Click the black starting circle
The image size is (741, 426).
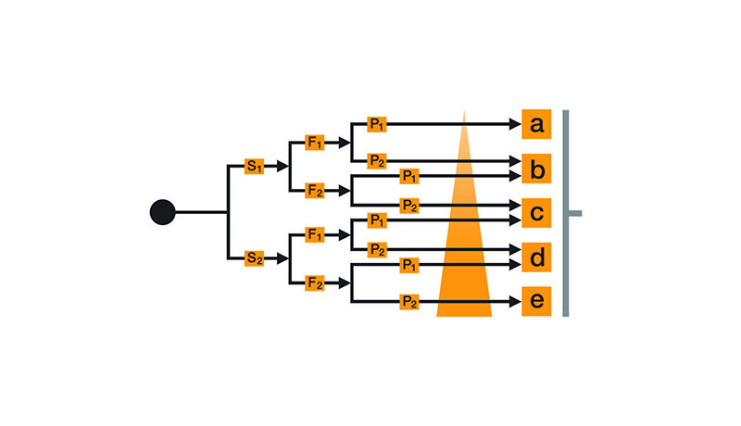pyautogui.click(x=162, y=212)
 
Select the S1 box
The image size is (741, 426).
pyautogui.click(x=255, y=167)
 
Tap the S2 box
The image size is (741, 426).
pyautogui.click(x=255, y=258)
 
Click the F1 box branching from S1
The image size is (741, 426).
pyautogui.click(x=316, y=144)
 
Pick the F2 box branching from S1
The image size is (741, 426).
pyautogui.click(x=316, y=191)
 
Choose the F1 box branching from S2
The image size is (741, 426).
pyautogui.click(x=316, y=235)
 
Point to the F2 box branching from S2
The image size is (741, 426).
pyautogui.click(x=316, y=282)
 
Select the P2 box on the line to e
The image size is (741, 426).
pyautogui.click(x=408, y=302)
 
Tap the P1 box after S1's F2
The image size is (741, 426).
pyautogui.click(x=408, y=175)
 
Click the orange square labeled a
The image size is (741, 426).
pyautogui.click(x=536, y=123)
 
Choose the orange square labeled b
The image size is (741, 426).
pyautogui.click(x=536, y=169)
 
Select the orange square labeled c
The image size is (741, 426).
pyautogui.click(x=536, y=213)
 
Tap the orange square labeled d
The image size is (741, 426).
pyautogui.click(x=536, y=257)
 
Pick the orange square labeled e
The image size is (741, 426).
pyautogui.click(x=536, y=302)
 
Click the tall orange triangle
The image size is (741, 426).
pyautogui.click(x=464, y=250)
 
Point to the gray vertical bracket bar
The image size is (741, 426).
pyautogui.click(x=566, y=213)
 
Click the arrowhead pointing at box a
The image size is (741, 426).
pyautogui.click(x=514, y=123)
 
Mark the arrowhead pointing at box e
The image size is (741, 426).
pyautogui.click(x=514, y=302)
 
